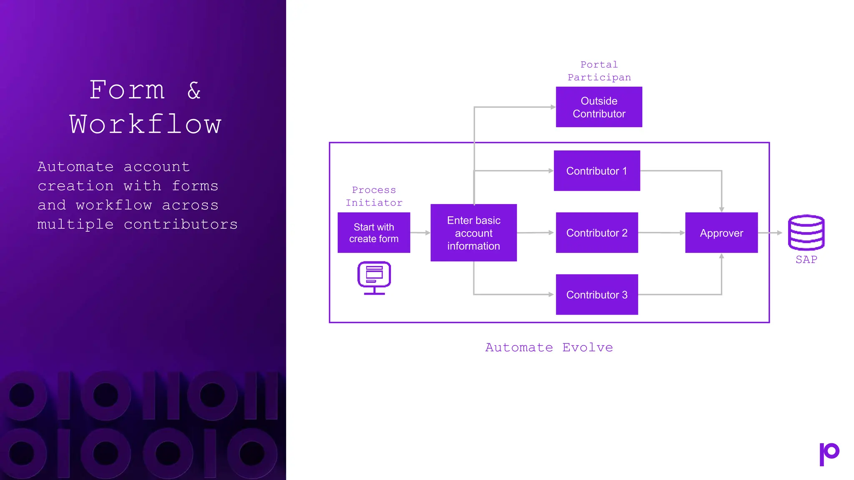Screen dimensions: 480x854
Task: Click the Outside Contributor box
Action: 599,107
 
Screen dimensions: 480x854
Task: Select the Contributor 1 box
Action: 597,171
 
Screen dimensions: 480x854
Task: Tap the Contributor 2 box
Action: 597,232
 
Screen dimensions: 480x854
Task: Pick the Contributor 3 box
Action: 597,295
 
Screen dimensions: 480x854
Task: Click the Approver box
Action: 721,232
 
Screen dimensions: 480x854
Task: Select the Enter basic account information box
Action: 473,232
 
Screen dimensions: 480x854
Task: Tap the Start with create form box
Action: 374,232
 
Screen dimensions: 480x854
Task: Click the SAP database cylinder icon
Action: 806,232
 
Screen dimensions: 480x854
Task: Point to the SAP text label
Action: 806,260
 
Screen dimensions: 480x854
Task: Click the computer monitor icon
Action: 374,277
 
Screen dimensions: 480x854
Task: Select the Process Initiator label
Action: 374,196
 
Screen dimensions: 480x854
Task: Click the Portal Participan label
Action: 599,71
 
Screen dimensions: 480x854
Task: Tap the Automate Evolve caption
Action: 549,347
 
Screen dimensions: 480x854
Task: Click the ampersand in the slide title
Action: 194,90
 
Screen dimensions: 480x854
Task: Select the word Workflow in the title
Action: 145,124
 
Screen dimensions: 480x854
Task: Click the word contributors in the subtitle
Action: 181,224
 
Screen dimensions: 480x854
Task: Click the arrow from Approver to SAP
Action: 770,232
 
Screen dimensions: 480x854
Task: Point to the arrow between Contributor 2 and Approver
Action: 661,232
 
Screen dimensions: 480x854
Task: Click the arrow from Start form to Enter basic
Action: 420,232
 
